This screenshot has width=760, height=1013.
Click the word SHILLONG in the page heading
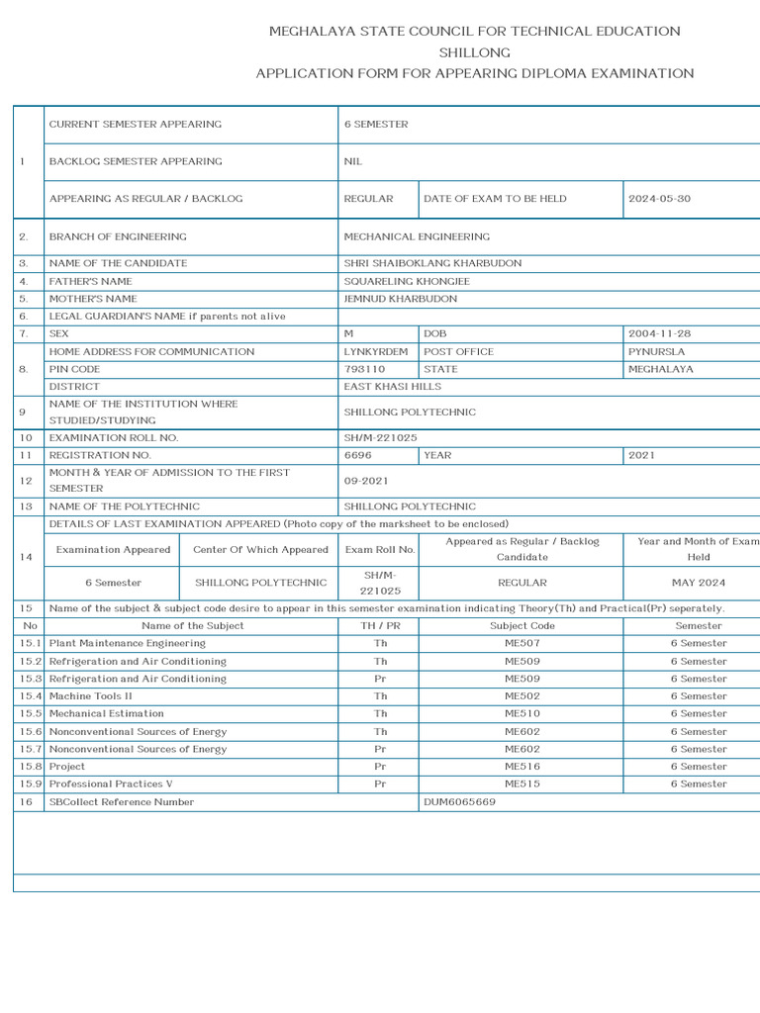click(x=474, y=52)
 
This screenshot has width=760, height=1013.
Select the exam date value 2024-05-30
click(x=659, y=199)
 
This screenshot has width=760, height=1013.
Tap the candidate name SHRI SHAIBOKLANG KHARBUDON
click(x=432, y=264)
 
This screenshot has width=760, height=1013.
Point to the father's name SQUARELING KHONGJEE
click(x=407, y=282)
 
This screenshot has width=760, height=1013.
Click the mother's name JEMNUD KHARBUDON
click(x=400, y=299)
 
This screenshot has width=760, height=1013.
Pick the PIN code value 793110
click(x=364, y=369)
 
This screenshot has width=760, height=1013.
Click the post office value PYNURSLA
click(x=656, y=352)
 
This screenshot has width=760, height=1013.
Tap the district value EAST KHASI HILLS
click(x=392, y=387)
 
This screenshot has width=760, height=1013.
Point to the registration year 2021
click(x=641, y=455)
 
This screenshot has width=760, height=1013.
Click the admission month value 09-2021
click(x=364, y=481)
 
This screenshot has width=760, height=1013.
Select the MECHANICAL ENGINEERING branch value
click(x=417, y=237)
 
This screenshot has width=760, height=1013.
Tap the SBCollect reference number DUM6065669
click(x=459, y=802)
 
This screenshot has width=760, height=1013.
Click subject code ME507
click(x=522, y=643)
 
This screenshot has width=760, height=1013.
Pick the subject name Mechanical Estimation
click(x=107, y=713)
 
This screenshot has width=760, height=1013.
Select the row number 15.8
click(x=29, y=767)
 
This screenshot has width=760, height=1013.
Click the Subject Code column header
click(x=522, y=625)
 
